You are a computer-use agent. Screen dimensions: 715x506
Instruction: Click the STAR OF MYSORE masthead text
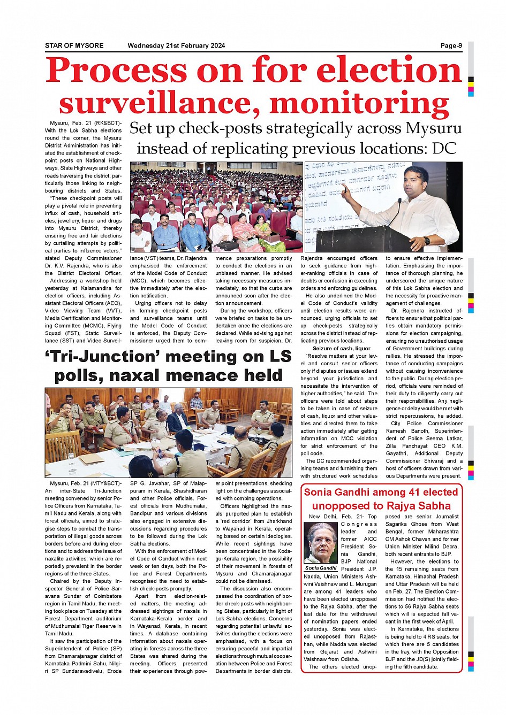(x=74, y=45)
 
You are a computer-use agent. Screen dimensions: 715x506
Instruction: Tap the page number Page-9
(x=451, y=45)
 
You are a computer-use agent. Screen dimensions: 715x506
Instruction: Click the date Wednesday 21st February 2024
(x=176, y=45)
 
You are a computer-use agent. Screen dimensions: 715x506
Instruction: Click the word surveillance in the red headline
(x=160, y=103)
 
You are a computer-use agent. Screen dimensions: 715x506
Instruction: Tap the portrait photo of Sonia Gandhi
(x=321, y=542)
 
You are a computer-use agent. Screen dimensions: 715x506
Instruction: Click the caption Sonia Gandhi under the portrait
(x=321, y=568)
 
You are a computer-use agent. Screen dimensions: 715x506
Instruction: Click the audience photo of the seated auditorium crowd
(x=216, y=207)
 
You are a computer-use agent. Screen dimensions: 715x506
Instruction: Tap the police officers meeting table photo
(x=168, y=432)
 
